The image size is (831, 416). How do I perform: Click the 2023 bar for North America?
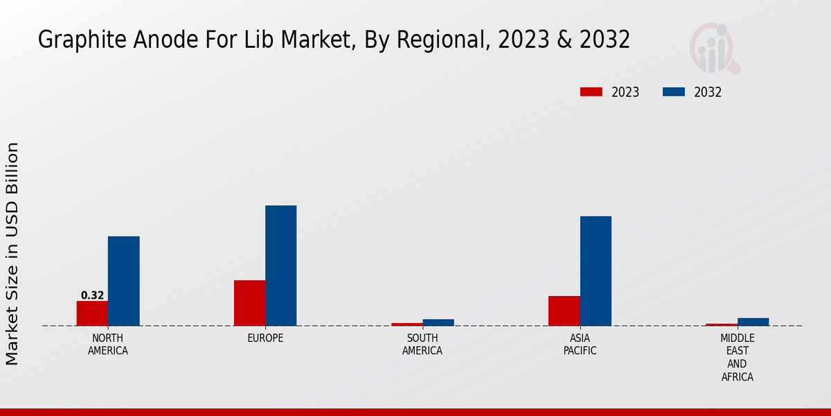pyautogui.click(x=92, y=313)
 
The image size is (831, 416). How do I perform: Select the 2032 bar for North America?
pyautogui.click(x=123, y=281)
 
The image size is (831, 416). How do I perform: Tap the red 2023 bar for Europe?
pyautogui.click(x=249, y=303)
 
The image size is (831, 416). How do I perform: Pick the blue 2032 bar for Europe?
pyautogui.click(x=280, y=266)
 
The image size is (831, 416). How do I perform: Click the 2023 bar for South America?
pyautogui.click(x=406, y=324)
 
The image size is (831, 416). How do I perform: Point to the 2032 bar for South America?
pyautogui.click(x=438, y=322)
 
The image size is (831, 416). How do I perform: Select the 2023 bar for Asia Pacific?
pyautogui.click(x=564, y=311)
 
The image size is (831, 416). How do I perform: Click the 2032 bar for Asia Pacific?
pyautogui.click(x=596, y=271)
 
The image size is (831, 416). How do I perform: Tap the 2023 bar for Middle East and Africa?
pyautogui.click(x=722, y=324)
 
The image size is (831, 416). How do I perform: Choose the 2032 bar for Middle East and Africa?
pyautogui.click(x=753, y=322)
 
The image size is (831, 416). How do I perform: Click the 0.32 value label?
pyautogui.click(x=92, y=295)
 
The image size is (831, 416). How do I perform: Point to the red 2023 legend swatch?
pyautogui.click(x=591, y=92)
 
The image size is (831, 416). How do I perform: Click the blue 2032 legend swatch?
pyautogui.click(x=674, y=92)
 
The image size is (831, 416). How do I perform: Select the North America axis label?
pyautogui.click(x=107, y=345)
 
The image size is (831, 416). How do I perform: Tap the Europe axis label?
pyautogui.click(x=265, y=338)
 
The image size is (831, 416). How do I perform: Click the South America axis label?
pyautogui.click(x=422, y=345)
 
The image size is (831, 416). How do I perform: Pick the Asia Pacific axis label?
pyautogui.click(x=580, y=345)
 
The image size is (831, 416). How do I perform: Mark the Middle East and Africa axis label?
pyautogui.click(x=737, y=358)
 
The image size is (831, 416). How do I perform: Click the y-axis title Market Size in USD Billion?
pyautogui.click(x=12, y=253)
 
